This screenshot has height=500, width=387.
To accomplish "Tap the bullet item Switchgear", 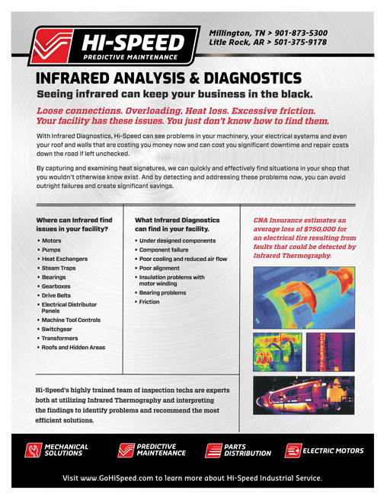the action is (61, 329).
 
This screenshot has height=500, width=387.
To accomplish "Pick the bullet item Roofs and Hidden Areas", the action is (74, 346).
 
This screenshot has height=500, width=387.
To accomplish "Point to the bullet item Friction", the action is (149, 302).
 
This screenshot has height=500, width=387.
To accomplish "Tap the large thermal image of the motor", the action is (301, 298).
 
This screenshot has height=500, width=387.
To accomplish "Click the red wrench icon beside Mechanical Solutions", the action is (33, 451).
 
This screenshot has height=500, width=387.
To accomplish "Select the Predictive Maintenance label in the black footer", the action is (161, 450).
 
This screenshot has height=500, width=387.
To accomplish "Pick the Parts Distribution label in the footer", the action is (247, 451).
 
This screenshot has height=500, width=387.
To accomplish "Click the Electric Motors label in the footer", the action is (332, 451).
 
